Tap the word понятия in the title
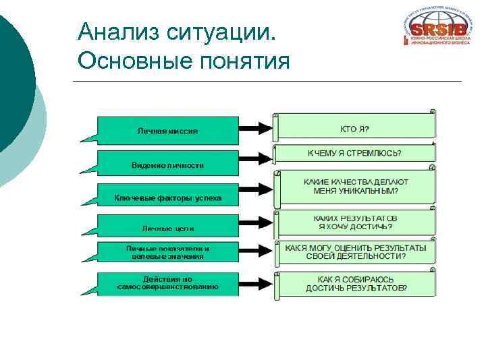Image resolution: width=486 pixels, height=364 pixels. click(x=246, y=61)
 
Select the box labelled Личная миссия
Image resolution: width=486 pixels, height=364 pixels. click(x=167, y=130)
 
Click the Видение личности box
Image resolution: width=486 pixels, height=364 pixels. click(x=167, y=164)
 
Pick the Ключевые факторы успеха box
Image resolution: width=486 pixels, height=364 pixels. click(x=167, y=198)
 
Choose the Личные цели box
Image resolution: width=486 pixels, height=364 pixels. click(x=167, y=228)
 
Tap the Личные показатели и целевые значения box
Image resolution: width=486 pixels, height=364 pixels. click(x=167, y=253)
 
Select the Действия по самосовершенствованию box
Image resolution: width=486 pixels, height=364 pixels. click(x=167, y=283)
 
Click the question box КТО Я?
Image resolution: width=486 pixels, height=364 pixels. click(x=354, y=127)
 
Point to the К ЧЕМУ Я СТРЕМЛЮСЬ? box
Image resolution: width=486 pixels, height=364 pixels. click(x=354, y=153)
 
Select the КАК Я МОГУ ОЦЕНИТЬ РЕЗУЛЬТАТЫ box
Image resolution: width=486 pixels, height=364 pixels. click(x=355, y=252)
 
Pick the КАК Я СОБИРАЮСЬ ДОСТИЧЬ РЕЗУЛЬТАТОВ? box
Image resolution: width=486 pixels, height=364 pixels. click(x=355, y=283)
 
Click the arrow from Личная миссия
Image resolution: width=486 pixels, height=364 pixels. click(x=255, y=129)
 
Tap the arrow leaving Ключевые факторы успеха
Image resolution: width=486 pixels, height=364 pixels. click(x=255, y=197)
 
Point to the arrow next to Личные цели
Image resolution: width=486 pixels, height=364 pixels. click(x=255, y=226)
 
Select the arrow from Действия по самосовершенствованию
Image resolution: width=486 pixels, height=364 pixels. click(x=255, y=282)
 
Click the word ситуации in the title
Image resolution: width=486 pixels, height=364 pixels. click(x=219, y=30)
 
